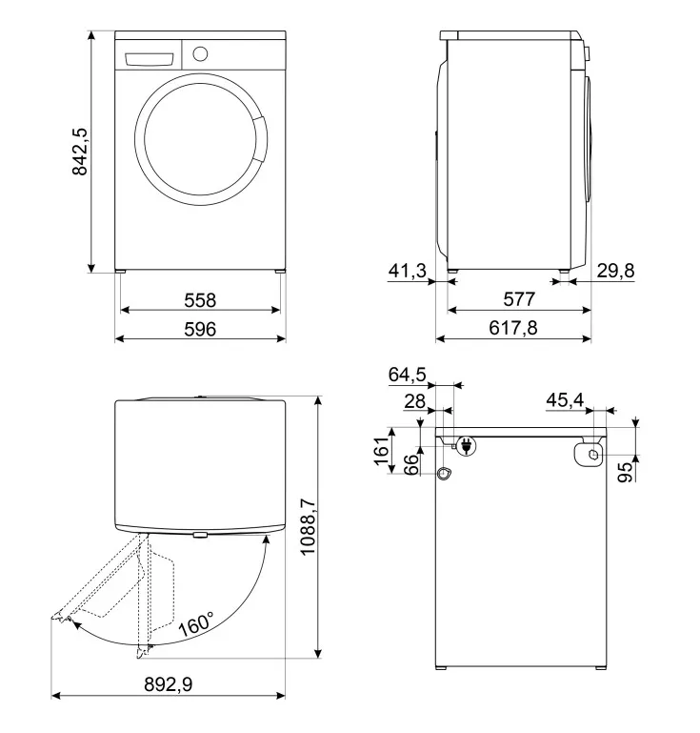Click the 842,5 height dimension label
80,152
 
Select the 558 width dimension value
200,300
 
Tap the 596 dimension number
200,329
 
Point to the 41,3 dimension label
408,271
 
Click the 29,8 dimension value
615,271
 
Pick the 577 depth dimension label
519,299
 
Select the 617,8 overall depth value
513,328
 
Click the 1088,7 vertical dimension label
309,526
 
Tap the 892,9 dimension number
169,684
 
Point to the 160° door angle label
195,623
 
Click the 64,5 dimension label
408,375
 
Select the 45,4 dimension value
565,400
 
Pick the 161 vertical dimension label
382,451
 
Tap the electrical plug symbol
466,446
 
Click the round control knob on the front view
200,53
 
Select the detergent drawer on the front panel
149,60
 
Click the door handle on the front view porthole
261,138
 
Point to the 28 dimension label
414,401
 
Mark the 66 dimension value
410,464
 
